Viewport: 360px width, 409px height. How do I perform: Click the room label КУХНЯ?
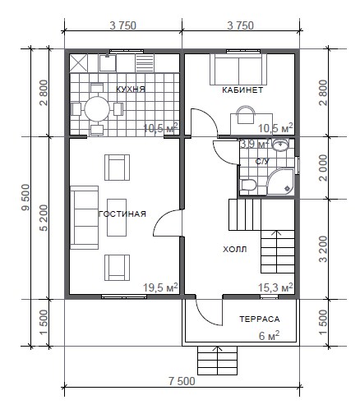click(131, 89)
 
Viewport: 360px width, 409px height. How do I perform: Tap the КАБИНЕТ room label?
click(242, 90)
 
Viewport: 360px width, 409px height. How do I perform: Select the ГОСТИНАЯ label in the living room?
click(122, 214)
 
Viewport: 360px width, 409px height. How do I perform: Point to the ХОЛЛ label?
click(235, 250)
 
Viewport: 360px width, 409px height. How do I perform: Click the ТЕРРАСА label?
click(260, 319)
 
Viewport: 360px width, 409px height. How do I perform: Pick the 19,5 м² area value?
click(160, 287)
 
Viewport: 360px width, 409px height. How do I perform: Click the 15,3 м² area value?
click(275, 287)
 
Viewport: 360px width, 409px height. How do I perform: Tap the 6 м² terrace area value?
click(270, 336)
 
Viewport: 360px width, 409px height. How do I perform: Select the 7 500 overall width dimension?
click(182, 381)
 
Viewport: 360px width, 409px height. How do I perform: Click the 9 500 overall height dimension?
click(25, 197)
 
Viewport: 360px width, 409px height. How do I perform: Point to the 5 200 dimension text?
click(44, 218)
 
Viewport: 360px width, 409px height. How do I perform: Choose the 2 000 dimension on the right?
click(323, 168)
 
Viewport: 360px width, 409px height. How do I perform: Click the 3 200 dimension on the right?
click(323, 249)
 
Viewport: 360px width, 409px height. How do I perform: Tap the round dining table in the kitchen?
click(97, 109)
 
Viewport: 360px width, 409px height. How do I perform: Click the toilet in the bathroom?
click(248, 186)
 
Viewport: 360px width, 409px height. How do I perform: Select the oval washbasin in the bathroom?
click(280, 145)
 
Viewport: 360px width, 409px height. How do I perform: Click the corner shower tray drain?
click(288, 188)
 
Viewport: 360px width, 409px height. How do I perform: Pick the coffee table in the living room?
click(117, 218)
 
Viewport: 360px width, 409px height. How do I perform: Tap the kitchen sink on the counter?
click(107, 63)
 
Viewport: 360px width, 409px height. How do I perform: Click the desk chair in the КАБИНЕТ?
click(246, 115)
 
